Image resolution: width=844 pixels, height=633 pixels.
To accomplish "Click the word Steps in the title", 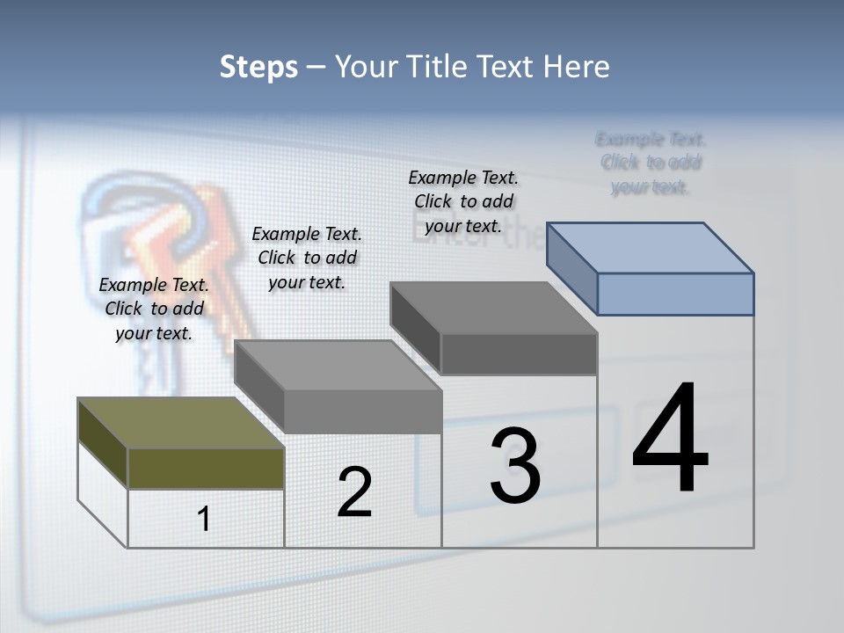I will point(258,67).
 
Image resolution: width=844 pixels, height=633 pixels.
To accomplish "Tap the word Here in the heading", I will point(575,67).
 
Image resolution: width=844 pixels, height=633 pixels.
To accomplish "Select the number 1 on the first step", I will point(204,519).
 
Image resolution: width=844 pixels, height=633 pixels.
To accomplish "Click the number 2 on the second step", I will point(354,492).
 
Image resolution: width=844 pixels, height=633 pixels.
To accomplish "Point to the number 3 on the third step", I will point(515,466).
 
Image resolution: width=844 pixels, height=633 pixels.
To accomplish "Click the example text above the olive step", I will point(154,309).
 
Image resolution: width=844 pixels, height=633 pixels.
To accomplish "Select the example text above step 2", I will point(307,258).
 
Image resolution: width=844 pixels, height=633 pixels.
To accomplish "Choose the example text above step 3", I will point(463,201).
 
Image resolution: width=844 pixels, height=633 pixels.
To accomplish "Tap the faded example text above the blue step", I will point(651,163).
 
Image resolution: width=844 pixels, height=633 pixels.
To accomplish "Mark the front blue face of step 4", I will point(675,294).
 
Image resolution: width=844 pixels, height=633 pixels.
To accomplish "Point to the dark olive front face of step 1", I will point(206,468).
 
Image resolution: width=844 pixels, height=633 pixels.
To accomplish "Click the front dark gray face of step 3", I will point(519,353).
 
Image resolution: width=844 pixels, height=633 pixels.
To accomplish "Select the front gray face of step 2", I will point(362,411).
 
